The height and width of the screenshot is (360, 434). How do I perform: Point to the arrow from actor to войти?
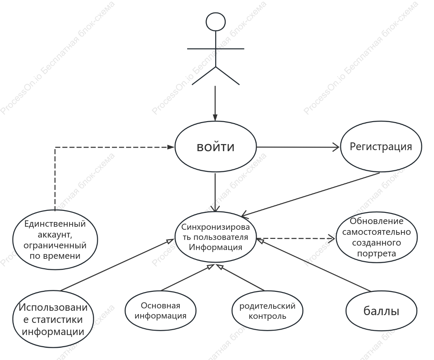pyautogui.click(x=215, y=103)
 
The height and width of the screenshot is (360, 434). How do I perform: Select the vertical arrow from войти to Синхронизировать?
pyautogui.click(x=215, y=192)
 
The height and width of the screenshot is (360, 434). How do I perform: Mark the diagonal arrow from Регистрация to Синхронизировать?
pyautogui.click(x=310, y=195)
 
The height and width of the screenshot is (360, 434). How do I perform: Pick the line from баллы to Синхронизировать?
pyautogui.click(x=314, y=265)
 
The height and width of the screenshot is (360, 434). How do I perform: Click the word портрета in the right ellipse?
pyautogui.click(x=376, y=253)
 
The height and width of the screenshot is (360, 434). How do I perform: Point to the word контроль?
pyautogui.click(x=267, y=316)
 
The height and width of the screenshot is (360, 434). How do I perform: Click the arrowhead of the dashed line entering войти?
pyautogui.click(x=171, y=147)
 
